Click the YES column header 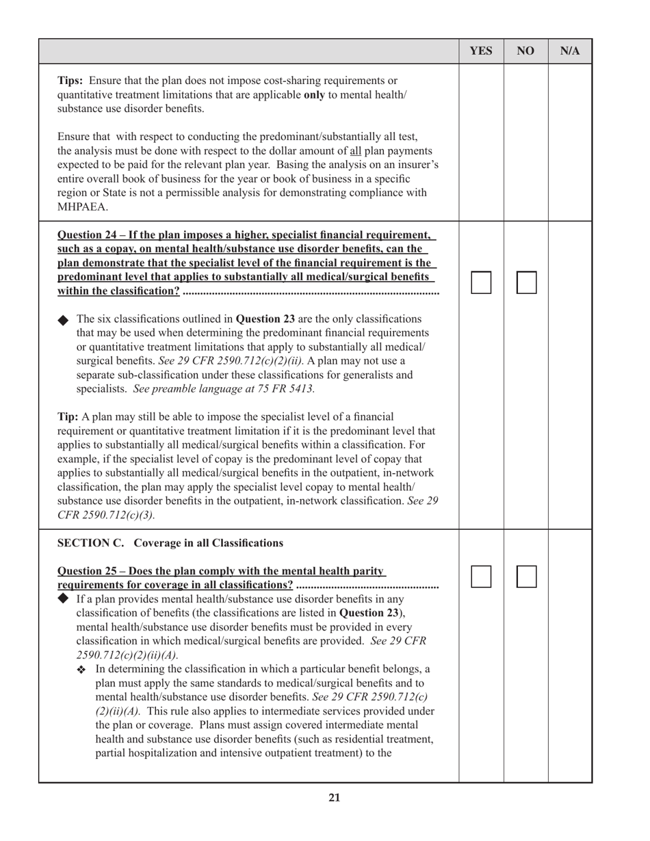tap(481, 51)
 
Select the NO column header tap(525, 51)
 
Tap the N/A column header tap(570, 51)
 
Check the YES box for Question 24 tap(481, 282)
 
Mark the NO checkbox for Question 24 tap(526, 282)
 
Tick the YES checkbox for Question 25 tap(481, 576)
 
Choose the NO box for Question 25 tap(526, 576)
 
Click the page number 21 tap(334, 797)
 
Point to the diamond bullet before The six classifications tap(64, 319)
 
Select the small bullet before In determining tap(83, 669)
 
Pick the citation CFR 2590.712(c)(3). tap(106, 514)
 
